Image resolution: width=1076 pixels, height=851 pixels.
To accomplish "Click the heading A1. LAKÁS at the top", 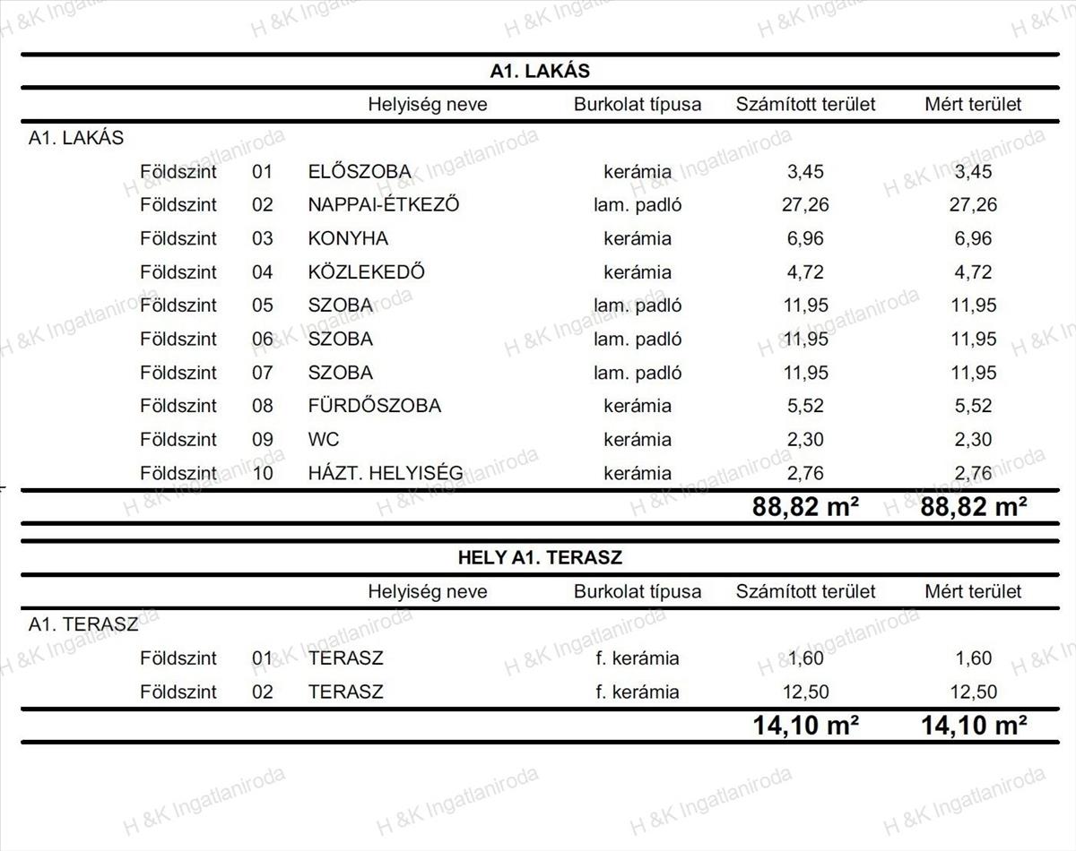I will (x=540, y=72).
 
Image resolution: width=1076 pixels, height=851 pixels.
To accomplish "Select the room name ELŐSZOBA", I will (x=360, y=171).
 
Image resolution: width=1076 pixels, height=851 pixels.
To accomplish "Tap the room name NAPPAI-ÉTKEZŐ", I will (x=384, y=205).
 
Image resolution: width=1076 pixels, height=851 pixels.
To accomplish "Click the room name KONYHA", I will (x=348, y=238).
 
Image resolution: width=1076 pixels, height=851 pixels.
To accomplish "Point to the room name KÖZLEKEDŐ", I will (x=366, y=272).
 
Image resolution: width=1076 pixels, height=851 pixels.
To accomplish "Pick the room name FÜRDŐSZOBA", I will (x=374, y=406).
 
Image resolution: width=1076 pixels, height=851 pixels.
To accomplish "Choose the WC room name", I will (x=324, y=440).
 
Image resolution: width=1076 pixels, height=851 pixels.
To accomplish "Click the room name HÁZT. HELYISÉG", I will (x=386, y=473).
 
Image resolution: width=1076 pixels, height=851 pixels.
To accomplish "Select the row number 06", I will (x=262, y=340).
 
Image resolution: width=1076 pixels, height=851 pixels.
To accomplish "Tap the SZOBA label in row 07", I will (x=340, y=373).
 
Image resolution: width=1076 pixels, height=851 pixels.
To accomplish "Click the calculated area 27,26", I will (x=805, y=205).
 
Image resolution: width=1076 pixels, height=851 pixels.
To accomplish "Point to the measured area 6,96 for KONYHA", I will (x=973, y=238).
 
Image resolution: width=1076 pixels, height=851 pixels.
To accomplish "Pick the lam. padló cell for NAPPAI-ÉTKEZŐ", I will (x=638, y=205).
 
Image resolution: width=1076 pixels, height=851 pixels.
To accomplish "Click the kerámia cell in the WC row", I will (x=638, y=440).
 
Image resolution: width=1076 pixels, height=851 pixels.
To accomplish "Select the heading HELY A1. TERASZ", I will (x=540, y=557).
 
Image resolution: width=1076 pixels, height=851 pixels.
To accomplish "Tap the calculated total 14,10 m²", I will (x=806, y=725).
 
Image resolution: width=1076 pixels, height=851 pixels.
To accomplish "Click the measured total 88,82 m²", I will (x=974, y=507).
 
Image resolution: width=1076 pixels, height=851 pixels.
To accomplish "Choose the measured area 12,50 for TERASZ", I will (x=973, y=692).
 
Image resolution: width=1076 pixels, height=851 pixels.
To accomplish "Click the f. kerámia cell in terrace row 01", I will (x=638, y=658).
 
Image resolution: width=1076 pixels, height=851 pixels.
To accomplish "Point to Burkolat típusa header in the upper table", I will (x=638, y=104).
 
